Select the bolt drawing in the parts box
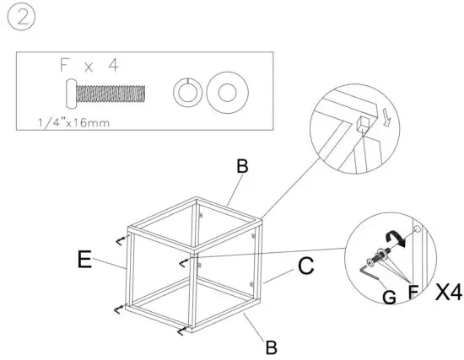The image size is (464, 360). [106, 91]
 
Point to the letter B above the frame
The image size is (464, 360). [242, 167]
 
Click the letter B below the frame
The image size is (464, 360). [270, 347]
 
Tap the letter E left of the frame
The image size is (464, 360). [84, 260]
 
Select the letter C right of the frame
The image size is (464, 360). [305, 267]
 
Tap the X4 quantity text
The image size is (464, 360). [447, 293]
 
